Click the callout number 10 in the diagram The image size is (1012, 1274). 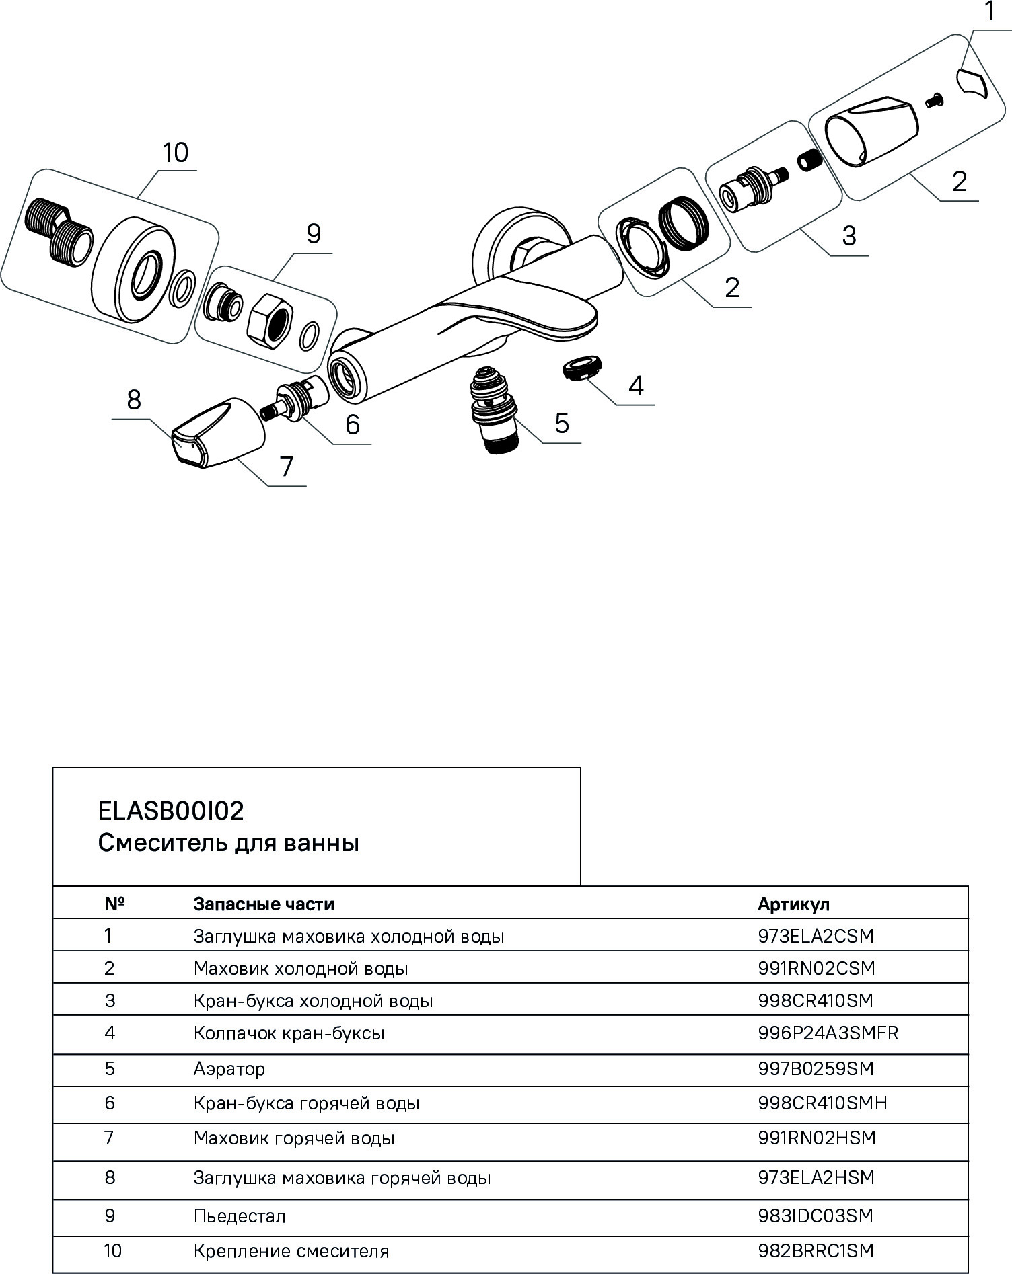coord(176,153)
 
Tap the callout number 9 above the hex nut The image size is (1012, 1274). coord(314,234)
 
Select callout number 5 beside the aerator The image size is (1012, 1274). coord(562,424)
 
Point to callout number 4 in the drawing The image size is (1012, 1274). coord(635,386)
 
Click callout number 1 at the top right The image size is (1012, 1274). coord(990,11)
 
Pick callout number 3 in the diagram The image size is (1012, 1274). coord(849,236)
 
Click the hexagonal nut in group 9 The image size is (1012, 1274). coord(269,319)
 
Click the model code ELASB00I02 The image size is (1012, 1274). coord(171,811)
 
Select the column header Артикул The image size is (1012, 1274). coord(793,904)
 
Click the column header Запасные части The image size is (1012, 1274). coord(264,904)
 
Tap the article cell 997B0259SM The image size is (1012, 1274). coord(816,1068)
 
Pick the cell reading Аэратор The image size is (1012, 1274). coord(229,1068)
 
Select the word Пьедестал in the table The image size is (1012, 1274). coord(240,1216)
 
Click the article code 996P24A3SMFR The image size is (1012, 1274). coord(828,1033)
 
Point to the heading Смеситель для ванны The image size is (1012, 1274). coord(228,843)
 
